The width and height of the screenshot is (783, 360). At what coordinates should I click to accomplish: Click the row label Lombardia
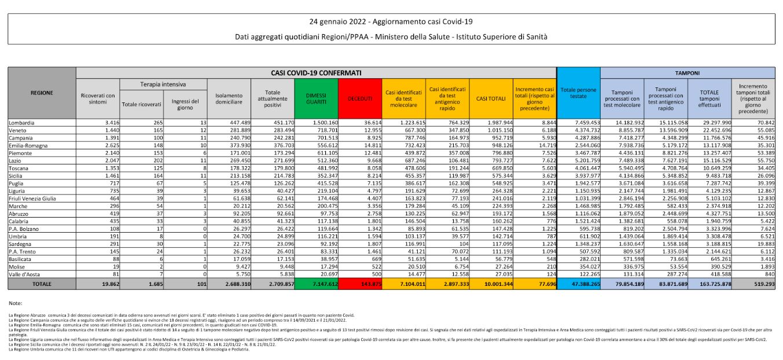[x=21, y=123]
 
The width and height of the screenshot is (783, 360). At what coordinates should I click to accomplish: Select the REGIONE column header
[x=42, y=93]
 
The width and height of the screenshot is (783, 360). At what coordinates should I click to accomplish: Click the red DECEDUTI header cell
[x=359, y=98]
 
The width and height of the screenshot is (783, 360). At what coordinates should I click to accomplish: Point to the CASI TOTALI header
[x=491, y=98]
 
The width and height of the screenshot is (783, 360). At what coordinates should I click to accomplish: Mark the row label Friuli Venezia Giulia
[x=33, y=198]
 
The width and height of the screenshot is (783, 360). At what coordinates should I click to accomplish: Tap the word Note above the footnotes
[x=16, y=303]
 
